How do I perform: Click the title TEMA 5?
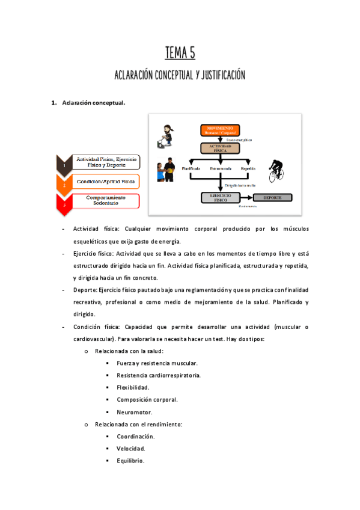pyautogui.click(x=180, y=53)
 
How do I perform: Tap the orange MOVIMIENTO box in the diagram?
pyautogui.click(x=220, y=130)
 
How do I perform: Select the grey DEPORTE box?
pyautogui.click(x=273, y=197)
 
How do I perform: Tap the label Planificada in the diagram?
pyautogui.click(x=191, y=169)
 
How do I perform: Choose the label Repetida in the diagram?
pyautogui.click(x=248, y=169)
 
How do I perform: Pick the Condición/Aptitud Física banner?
pyautogui.click(x=105, y=180)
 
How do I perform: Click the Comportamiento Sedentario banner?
pyautogui.click(x=106, y=200)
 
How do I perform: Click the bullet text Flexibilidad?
pyautogui.click(x=133, y=387)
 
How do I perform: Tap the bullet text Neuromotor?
pyautogui.click(x=135, y=412)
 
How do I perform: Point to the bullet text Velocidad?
pyautogui.click(x=131, y=449)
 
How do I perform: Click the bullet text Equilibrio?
pyautogui.click(x=131, y=461)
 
